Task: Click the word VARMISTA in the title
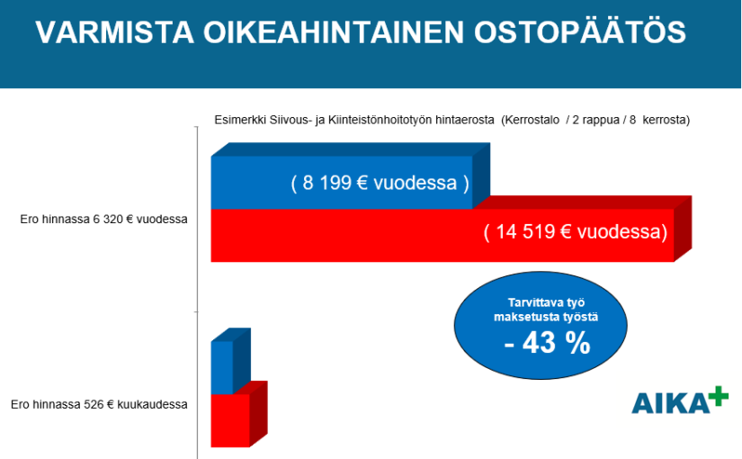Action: point(114,32)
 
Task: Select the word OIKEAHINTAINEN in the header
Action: point(334,32)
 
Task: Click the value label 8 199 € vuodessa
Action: point(380,183)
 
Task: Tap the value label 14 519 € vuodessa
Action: point(576,232)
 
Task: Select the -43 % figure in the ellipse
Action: point(548,343)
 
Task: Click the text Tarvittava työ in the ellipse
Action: point(546,302)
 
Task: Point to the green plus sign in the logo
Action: point(719,396)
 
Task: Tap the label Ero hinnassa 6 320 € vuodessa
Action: point(103,220)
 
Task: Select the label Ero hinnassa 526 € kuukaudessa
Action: point(99,404)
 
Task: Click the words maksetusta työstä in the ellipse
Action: point(546,317)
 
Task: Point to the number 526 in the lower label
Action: point(94,404)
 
